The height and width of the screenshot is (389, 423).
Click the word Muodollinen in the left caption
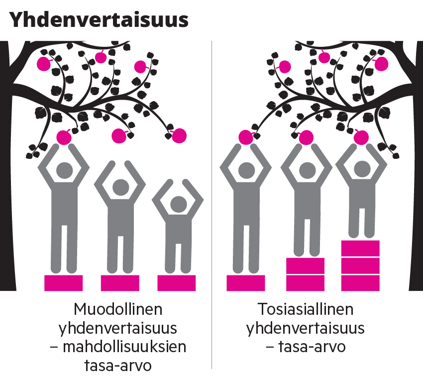coord(118,309)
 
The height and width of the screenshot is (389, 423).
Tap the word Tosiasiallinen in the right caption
coord(306,309)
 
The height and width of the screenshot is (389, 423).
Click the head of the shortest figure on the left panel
coord(177,204)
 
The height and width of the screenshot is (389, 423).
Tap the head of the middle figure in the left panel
coord(120,188)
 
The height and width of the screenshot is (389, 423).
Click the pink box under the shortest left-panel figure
coord(177,283)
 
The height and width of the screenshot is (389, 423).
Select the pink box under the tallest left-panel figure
coord(63,283)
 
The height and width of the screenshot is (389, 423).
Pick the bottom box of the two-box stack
coord(305,283)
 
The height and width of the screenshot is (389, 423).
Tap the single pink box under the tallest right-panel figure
coord(246,283)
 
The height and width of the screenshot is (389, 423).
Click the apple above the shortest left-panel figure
coord(179,135)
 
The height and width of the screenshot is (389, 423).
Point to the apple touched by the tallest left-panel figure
coord(64,137)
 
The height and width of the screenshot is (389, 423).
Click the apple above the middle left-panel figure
coord(119,135)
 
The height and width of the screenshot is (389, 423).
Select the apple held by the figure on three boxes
coord(361,137)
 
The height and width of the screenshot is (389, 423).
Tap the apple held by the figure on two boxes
coord(306,137)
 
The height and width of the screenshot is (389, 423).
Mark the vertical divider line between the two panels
coord(212,199)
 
